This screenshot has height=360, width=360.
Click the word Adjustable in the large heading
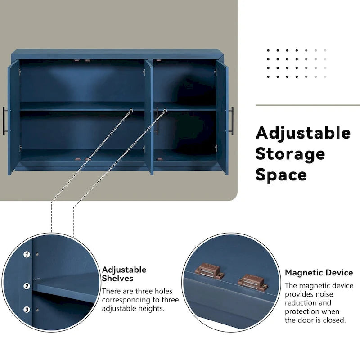(x=303, y=133)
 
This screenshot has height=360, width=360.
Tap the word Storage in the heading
(x=290, y=154)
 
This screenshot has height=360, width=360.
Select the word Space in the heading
(x=281, y=175)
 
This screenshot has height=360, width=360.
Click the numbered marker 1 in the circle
(x=27, y=254)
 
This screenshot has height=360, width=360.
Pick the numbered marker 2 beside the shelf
(x=27, y=286)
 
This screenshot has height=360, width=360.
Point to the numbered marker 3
(x=27, y=310)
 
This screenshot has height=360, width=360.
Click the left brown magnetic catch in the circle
(x=207, y=271)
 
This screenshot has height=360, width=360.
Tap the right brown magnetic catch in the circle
(x=252, y=282)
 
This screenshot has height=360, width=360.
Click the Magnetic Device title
(x=319, y=273)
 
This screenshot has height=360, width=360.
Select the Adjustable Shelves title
(x=124, y=274)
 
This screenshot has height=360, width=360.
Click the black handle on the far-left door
(x=4, y=120)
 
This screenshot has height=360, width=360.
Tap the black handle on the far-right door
(x=232, y=121)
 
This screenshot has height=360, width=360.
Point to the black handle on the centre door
(x=157, y=121)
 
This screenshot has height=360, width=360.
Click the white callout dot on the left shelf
(x=131, y=110)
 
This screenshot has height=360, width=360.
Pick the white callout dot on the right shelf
(x=165, y=110)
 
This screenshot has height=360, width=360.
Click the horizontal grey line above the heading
(x=307, y=106)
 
